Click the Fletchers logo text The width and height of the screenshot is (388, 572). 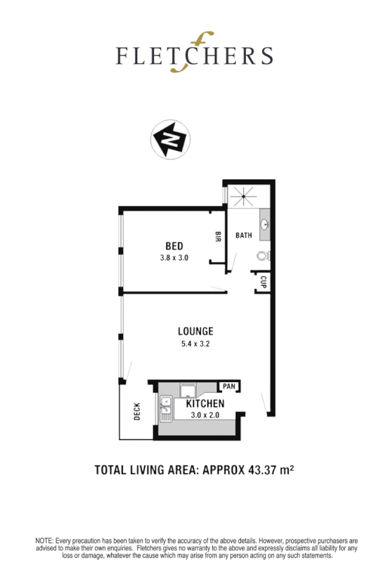coord(194,54)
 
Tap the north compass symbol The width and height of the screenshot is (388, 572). coord(169,138)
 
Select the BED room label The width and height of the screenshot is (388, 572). coord(174,246)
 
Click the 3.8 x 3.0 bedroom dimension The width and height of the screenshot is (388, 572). coord(174,258)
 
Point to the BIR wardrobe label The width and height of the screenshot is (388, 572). coord(219,237)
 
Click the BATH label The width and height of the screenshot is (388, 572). coord(244,235)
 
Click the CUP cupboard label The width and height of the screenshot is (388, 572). coord(263,282)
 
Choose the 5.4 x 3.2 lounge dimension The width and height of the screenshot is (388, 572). coord(195,344)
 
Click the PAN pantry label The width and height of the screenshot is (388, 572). coord(228,386)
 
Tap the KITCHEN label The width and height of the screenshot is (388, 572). coord(205,403)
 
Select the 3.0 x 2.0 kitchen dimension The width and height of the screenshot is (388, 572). coord(205,415)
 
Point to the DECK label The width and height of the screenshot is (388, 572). coord(136,411)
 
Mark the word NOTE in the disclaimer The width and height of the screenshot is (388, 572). coord(46,541)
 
